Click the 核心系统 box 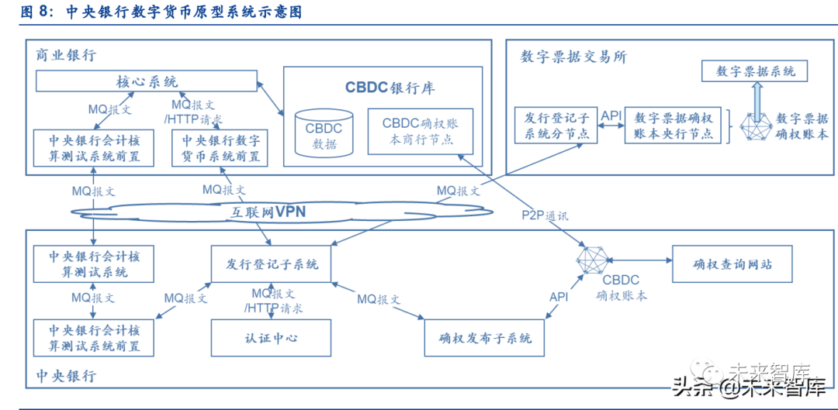coord(147,81)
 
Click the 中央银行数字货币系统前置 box coord(220,148)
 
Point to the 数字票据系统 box coord(755,71)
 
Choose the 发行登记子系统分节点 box coord(556,126)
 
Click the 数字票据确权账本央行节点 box coord(673,126)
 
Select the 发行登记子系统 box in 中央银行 coord(272,264)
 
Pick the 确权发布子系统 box coord(485,338)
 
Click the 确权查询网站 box coord(732,264)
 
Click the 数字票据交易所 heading coord(573,57)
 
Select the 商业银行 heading coord(66,55)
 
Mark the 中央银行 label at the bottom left coord(66,376)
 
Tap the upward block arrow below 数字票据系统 coord(756,100)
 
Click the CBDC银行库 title coord(390,87)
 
